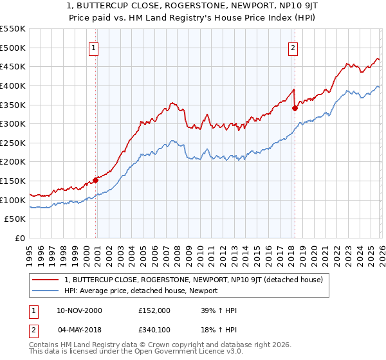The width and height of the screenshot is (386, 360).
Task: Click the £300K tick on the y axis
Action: (14, 123)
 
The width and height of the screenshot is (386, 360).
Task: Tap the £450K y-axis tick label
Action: (14, 66)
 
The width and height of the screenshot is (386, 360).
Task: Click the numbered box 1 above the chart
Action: (94, 48)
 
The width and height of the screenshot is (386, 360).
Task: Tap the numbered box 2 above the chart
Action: (293, 48)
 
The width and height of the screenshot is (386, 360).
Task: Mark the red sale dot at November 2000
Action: (96, 180)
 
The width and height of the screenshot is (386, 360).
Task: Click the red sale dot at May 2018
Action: (295, 108)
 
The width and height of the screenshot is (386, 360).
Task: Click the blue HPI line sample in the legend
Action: (46, 291)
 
